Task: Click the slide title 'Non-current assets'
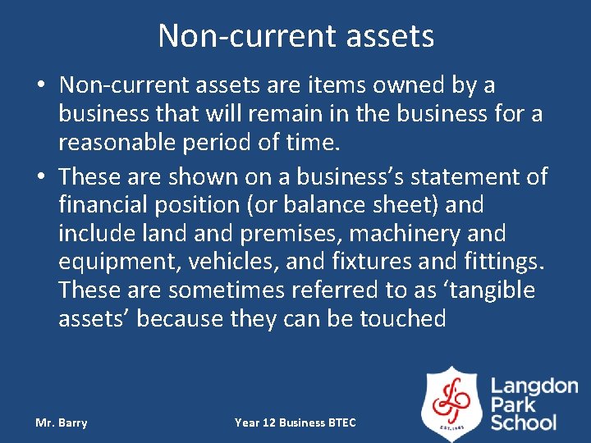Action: pos(295,36)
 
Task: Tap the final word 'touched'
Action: pos(402,319)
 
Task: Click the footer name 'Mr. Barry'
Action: pos(62,422)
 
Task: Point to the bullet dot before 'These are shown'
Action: pos(41,177)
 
